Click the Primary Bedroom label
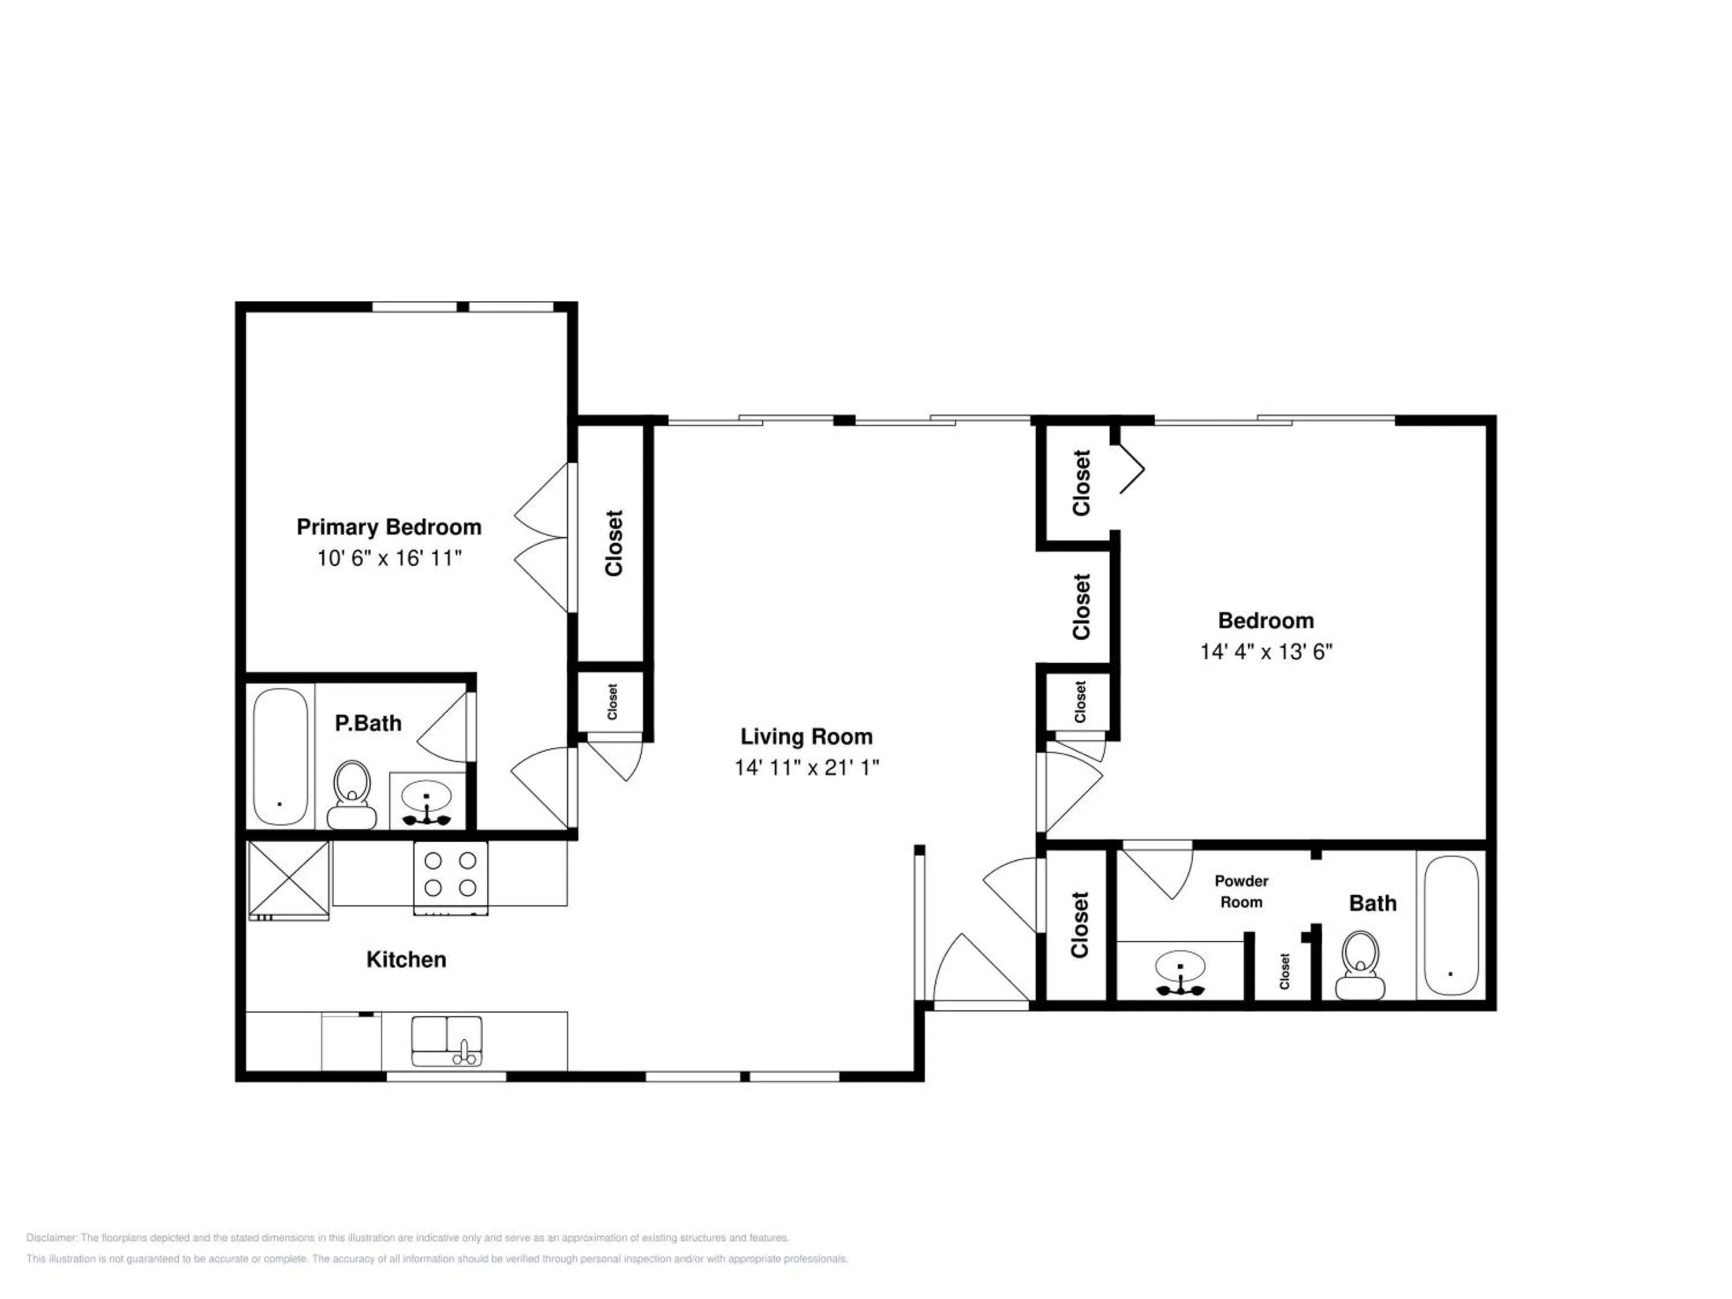click(x=389, y=527)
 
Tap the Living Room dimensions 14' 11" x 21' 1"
click(x=807, y=767)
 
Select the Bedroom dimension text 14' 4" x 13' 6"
click(x=1266, y=651)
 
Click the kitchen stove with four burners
click(x=450, y=877)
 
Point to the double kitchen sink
click(x=447, y=1040)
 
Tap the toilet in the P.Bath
click(x=352, y=794)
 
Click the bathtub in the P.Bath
click(x=281, y=756)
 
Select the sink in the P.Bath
click(x=427, y=800)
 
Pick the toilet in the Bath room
click(x=1360, y=965)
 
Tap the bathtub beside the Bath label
click(x=1451, y=925)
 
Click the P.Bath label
click(x=368, y=723)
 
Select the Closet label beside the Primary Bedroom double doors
click(x=614, y=543)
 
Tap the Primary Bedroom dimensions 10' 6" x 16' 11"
click(x=389, y=558)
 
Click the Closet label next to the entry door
click(x=1080, y=925)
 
